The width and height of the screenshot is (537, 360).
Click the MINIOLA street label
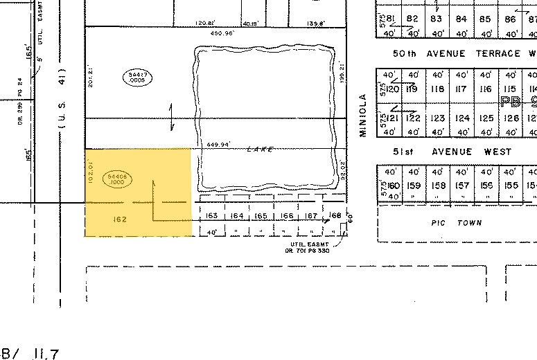[x=362, y=115]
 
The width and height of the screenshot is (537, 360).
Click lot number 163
[x=213, y=216]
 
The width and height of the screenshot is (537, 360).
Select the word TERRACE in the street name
[x=493, y=53]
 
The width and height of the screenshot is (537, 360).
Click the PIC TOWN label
[x=455, y=223]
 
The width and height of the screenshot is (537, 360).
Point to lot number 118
[x=437, y=89]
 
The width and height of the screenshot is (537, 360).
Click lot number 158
[x=437, y=186]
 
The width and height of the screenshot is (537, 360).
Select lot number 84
[x=461, y=19]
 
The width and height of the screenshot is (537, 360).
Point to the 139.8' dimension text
[x=315, y=23]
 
